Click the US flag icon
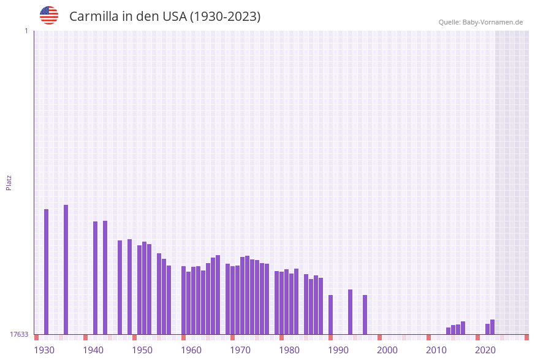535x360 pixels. pyautogui.click(x=49, y=15)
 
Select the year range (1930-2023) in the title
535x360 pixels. pyautogui.click(x=226, y=17)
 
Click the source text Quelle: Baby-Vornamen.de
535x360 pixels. pyautogui.click(x=480, y=22)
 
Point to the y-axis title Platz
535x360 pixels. pyautogui.click(x=9, y=182)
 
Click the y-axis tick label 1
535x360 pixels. pyautogui.click(x=26, y=31)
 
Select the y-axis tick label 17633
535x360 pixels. pyautogui.click(x=19, y=334)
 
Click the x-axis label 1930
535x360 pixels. pyautogui.click(x=44, y=350)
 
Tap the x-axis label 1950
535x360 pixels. pyautogui.click(x=142, y=350)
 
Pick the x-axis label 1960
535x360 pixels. pyautogui.click(x=191, y=350)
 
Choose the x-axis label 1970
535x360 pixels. pyautogui.click(x=240, y=350)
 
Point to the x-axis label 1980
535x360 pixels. pyautogui.click(x=289, y=350)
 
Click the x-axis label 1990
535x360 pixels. pyautogui.click(x=338, y=350)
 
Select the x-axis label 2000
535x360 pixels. pyautogui.click(x=387, y=350)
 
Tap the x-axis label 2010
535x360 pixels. pyautogui.click(x=436, y=350)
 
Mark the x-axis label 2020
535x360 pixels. pyautogui.click(x=485, y=350)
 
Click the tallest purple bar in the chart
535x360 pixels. pyautogui.click(x=66, y=270)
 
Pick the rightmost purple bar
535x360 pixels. pyautogui.click(x=492, y=327)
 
